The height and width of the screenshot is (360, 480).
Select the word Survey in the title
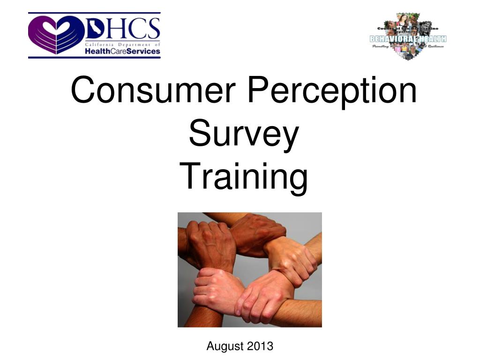click(x=243, y=134)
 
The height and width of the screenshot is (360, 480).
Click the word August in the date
click(x=225, y=346)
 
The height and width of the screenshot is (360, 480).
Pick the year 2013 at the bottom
click(x=260, y=346)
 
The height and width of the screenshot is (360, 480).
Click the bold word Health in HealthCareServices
click(x=97, y=51)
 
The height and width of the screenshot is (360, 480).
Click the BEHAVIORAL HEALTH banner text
click(x=408, y=38)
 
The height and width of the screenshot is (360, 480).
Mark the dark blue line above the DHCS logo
click(x=94, y=13)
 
